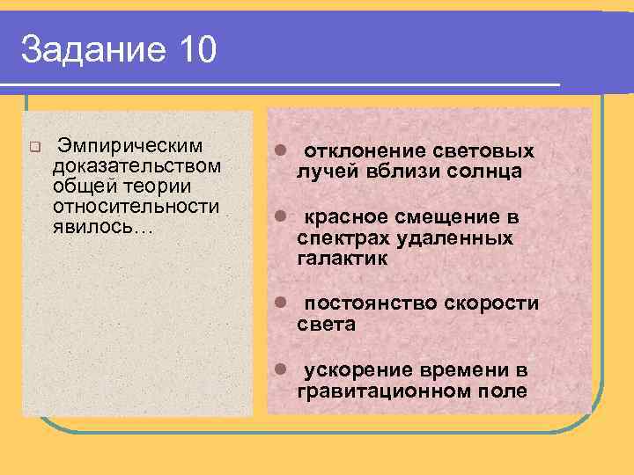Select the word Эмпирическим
[129, 144]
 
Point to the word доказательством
[136, 165]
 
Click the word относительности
[136, 206]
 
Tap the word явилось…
[103, 226]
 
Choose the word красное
[350, 217]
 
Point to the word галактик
[343, 259]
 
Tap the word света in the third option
[326, 325]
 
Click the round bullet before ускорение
[277, 369]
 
